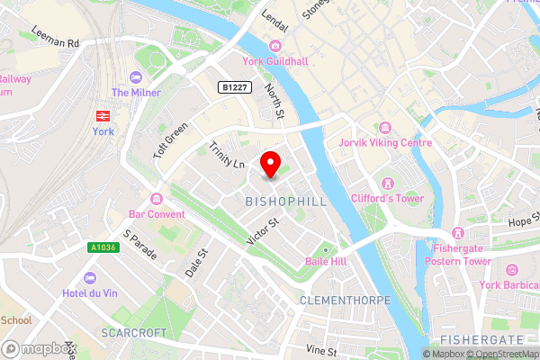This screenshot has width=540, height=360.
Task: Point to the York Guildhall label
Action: (276, 60)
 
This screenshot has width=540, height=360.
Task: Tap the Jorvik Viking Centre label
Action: (384, 142)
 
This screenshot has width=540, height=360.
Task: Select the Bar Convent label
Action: (149, 214)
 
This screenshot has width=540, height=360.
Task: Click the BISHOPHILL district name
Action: (285, 202)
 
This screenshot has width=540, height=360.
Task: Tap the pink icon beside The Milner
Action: (135, 78)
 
